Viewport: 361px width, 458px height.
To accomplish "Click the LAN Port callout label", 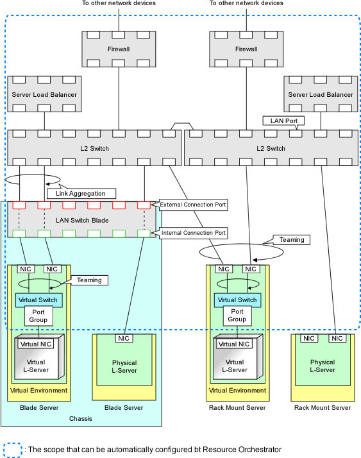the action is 283,121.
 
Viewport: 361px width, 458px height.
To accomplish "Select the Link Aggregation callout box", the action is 81,193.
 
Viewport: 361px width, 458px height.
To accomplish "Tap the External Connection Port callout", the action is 193,205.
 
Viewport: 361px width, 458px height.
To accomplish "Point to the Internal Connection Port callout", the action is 194,233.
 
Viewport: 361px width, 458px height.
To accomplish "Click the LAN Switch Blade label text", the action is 82,220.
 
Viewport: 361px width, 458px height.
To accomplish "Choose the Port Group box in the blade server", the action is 38,316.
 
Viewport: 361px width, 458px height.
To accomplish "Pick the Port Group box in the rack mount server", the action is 237,316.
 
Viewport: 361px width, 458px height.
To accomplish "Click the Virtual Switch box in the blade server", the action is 39,300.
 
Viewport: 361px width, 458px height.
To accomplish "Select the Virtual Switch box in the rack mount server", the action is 237,300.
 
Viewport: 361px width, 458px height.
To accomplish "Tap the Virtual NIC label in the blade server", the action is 36,344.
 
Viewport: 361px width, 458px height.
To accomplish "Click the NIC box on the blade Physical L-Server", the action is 124,338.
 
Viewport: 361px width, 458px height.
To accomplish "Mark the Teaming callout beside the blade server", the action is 89,280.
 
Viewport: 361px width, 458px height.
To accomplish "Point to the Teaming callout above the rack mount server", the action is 292,240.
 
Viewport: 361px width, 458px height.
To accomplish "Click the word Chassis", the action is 81,419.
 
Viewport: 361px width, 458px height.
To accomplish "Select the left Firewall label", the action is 119,49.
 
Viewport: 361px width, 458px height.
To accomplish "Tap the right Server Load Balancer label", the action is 321,95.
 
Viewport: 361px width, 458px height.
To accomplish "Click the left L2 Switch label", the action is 95,148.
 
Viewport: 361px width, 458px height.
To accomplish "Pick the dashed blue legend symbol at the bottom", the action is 13,450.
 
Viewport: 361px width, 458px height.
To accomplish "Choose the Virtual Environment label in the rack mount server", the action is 237,390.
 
